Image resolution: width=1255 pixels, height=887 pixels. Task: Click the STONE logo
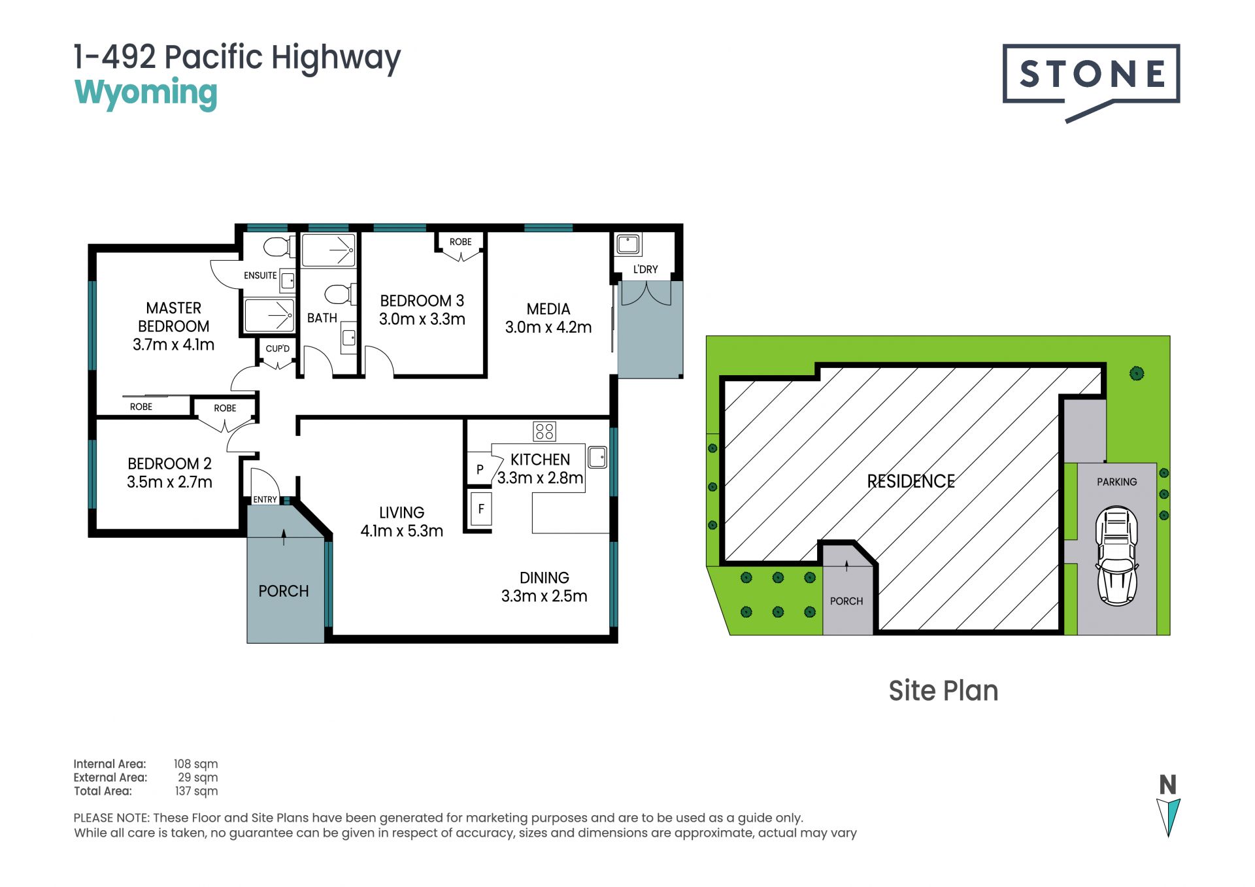pos(1091,82)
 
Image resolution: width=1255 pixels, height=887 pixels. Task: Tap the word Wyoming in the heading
pos(146,93)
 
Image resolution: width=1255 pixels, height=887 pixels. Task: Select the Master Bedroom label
pos(174,317)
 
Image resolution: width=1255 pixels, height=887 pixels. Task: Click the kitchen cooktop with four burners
pos(544,431)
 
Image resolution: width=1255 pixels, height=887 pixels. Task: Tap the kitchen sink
pos(597,457)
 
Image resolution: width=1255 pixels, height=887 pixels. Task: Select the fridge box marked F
pos(481,509)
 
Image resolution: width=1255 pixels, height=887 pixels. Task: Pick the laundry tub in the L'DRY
pos(628,244)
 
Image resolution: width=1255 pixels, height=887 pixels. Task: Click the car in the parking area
pos(1117,556)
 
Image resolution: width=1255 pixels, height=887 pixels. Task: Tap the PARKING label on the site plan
pos(1116,482)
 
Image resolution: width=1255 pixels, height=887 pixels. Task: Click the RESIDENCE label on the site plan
pos(911,481)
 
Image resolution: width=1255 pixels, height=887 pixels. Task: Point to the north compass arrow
pos(1168,817)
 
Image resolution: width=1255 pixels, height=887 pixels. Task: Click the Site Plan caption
pos(943,691)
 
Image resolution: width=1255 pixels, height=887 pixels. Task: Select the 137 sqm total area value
pos(196,791)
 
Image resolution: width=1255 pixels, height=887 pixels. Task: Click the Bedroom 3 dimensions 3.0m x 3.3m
pos(422,319)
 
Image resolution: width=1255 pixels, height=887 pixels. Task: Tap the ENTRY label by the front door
pos(265,499)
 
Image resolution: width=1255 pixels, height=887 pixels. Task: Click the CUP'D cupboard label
pos(277,348)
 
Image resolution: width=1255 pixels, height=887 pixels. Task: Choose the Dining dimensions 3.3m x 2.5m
pos(544,596)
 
